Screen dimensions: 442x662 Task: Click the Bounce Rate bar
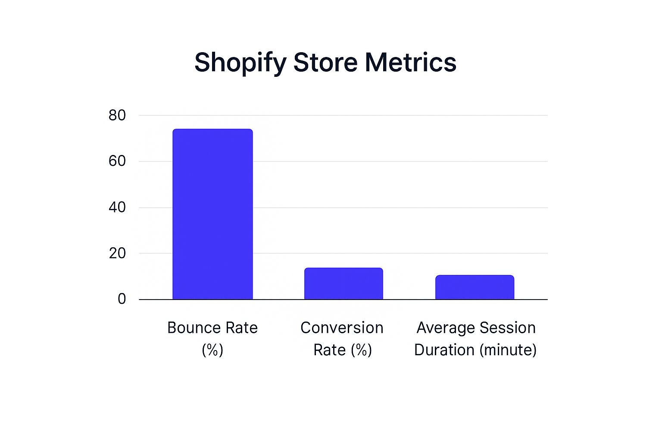[x=212, y=214]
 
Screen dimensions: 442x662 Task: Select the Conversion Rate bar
[x=343, y=284]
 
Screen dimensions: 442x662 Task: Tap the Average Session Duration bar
[x=475, y=287]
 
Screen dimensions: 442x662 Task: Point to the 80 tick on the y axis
[x=117, y=115]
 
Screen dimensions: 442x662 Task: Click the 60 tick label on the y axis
[x=117, y=161]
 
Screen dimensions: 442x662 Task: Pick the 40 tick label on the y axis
[x=117, y=207]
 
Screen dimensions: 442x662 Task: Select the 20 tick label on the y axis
[x=117, y=253]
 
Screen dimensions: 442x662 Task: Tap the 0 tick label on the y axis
[x=122, y=299]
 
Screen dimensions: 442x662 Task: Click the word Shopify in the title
[x=240, y=63]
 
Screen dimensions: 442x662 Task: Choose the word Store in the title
[x=325, y=63]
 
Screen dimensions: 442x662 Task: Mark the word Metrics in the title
[x=410, y=63]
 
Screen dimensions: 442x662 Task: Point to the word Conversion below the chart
[x=342, y=328]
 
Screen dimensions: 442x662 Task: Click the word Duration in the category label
[x=444, y=350]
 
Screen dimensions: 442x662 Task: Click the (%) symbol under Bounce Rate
[x=212, y=350]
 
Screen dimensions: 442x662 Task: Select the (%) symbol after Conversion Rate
[x=361, y=350]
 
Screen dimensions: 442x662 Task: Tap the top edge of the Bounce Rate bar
[x=212, y=129]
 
